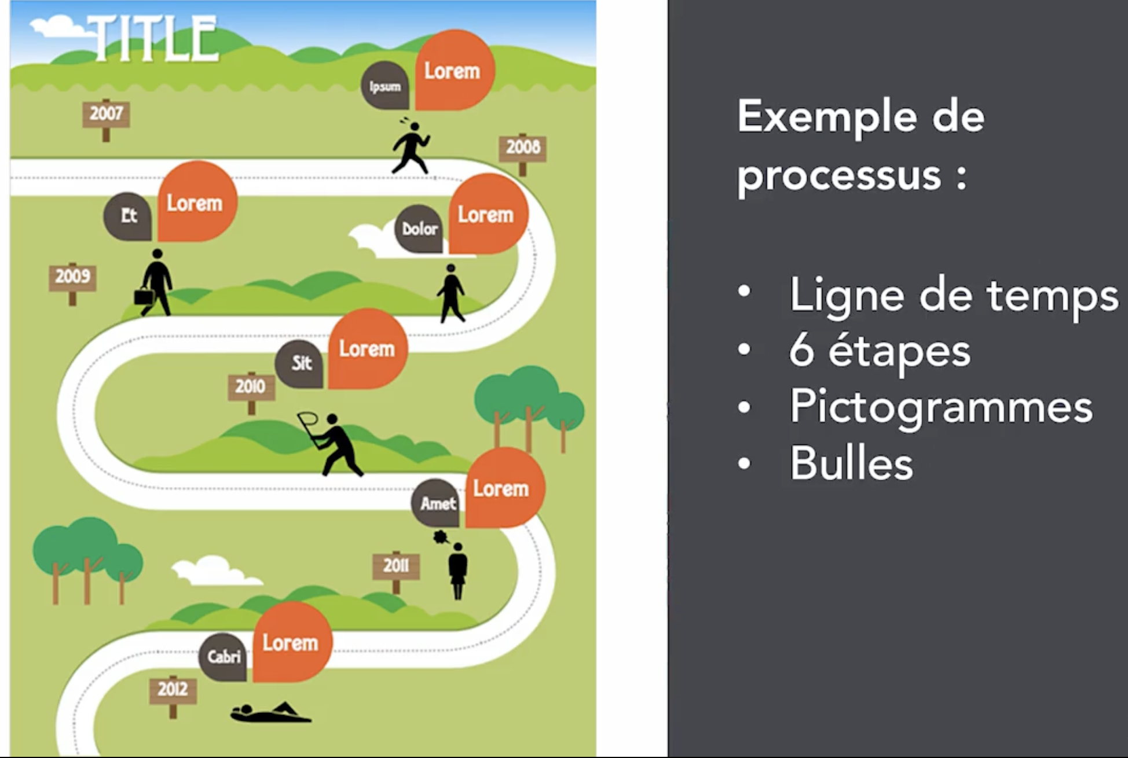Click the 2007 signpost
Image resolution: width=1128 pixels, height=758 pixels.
point(106,113)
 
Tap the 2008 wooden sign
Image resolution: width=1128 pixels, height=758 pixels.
point(522,148)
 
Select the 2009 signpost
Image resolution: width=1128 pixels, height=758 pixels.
point(72,277)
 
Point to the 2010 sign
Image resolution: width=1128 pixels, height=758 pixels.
point(251,386)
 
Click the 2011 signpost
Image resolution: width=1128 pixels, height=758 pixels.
point(396,565)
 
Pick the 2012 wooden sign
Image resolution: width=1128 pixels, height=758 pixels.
point(173,689)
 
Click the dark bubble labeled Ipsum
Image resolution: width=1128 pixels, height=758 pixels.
point(385,87)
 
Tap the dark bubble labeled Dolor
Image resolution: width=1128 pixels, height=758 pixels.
point(419,229)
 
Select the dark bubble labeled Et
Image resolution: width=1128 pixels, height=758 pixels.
point(128,216)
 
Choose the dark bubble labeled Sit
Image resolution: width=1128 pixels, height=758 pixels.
point(300,363)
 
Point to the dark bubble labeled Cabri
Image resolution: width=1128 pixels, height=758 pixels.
point(224,657)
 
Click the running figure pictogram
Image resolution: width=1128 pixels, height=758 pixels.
point(411,148)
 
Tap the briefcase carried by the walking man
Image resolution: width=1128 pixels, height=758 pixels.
point(143,296)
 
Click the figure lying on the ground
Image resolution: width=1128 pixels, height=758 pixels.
point(269,713)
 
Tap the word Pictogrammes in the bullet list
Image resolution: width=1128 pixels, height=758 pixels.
point(941,407)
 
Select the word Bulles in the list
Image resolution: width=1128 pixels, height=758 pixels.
point(851,463)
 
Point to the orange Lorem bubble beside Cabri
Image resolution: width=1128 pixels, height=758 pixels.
point(291,642)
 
